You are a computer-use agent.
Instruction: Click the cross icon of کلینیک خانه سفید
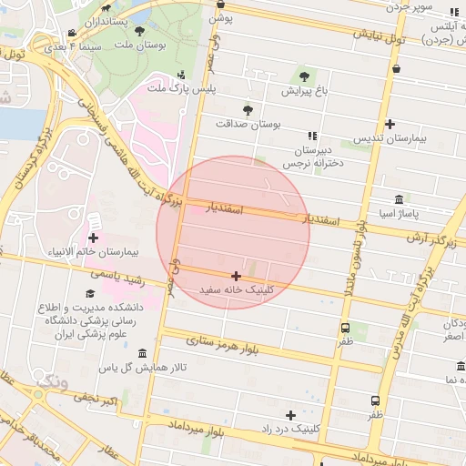(x=237, y=275)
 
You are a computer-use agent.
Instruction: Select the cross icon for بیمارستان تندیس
(x=390, y=125)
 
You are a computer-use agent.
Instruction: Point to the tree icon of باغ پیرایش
(x=304, y=76)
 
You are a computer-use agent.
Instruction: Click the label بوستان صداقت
(x=249, y=123)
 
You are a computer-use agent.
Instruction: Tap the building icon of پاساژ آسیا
(x=399, y=199)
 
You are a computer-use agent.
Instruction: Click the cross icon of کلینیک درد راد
(x=290, y=414)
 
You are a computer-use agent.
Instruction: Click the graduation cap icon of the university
(x=90, y=293)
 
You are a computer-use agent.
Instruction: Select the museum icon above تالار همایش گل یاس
(x=141, y=353)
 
